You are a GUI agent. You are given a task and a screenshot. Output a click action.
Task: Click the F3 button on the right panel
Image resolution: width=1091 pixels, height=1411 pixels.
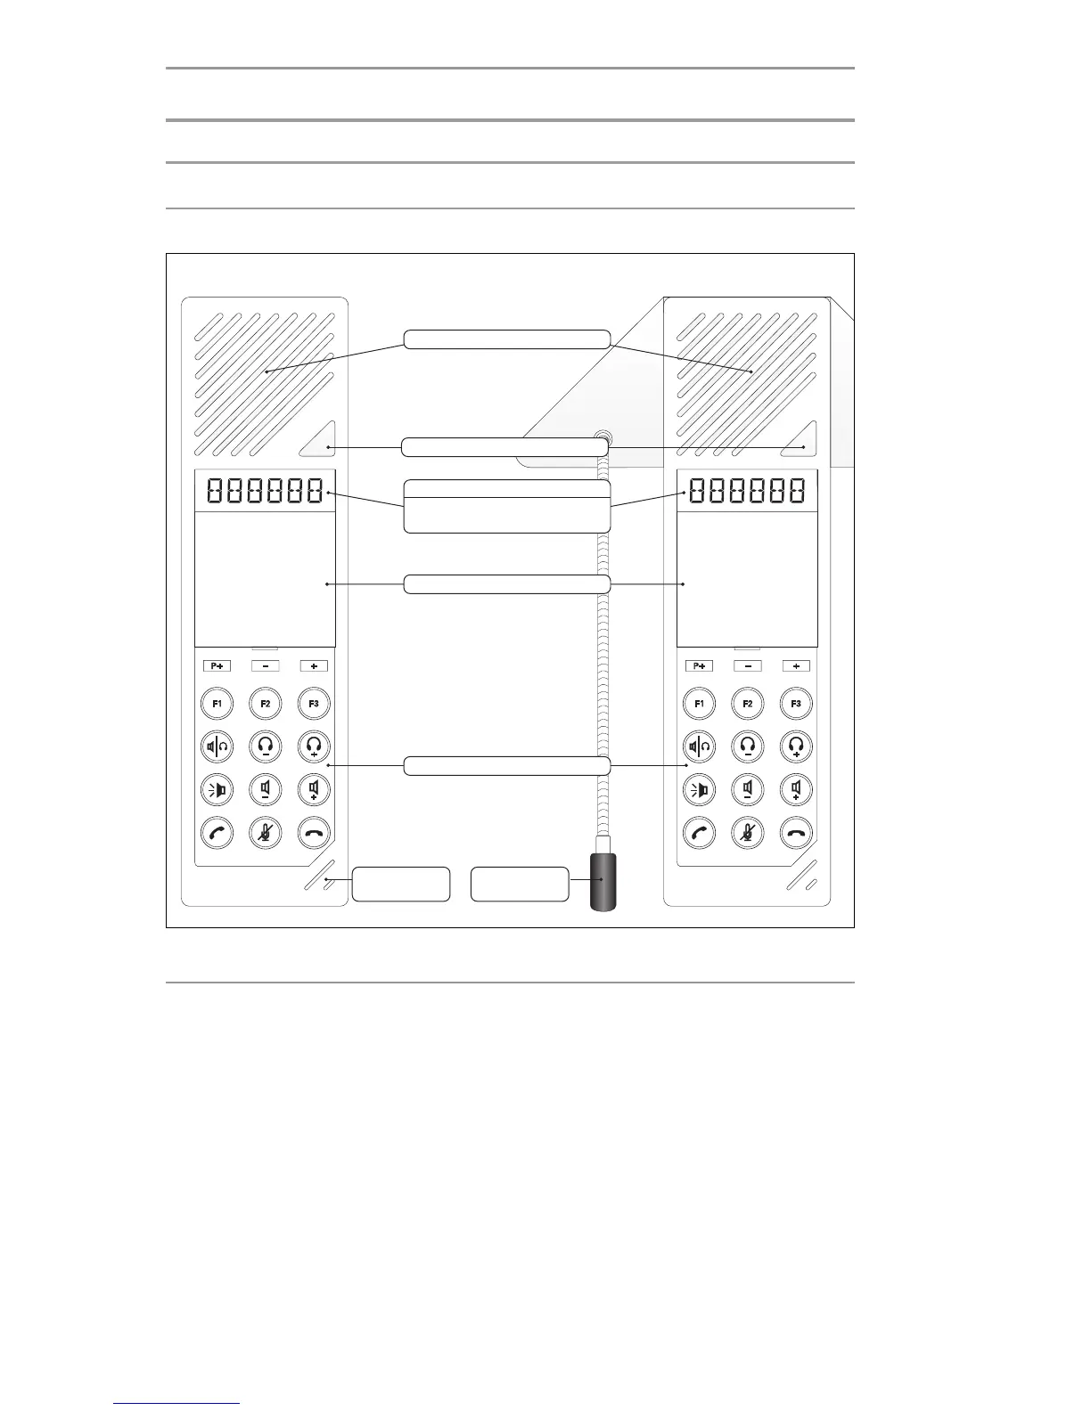pos(796,704)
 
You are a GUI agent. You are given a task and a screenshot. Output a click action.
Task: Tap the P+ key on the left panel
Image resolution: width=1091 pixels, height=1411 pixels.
pos(217,665)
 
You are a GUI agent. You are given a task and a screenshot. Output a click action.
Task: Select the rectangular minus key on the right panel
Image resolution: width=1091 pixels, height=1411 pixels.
pos(748,665)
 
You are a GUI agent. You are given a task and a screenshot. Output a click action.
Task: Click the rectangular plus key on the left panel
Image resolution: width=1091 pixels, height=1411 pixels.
pos(314,665)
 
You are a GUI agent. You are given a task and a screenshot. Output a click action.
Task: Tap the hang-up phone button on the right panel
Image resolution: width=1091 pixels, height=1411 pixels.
pos(796,833)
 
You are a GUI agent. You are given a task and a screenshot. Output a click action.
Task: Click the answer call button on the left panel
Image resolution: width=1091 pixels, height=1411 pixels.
pos(217,833)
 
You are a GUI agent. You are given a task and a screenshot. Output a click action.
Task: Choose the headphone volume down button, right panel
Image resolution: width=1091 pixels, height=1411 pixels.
pos(748,746)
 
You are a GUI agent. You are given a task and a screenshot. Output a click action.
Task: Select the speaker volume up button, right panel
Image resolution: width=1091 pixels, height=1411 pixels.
pos(796,789)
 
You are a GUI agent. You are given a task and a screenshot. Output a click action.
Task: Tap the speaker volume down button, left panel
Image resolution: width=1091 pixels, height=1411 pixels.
pos(266,789)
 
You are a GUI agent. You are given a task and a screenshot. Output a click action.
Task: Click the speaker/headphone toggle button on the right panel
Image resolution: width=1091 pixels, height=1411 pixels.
pos(700,746)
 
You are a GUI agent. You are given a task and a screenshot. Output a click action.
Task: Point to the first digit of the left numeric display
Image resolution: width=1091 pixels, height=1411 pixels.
pos(215,490)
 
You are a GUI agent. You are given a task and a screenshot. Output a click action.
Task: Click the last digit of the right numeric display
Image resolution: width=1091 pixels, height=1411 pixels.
pos(795,490)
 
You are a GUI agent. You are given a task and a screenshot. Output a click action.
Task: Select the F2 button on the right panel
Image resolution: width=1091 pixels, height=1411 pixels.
pos(748,704)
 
